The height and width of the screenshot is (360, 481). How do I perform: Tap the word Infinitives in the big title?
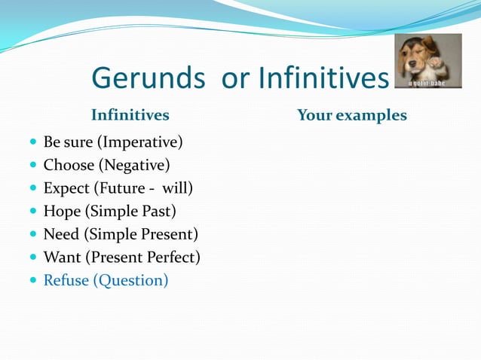coord(323,78)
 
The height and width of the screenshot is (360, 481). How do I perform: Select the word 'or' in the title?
coord(236,78)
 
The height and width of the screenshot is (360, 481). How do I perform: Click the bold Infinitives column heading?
coord(130,115)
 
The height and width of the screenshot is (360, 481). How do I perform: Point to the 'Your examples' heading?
coord(351,115)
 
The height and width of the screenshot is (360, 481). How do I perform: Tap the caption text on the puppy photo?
coord(427,83)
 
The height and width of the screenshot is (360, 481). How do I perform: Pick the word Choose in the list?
coord(69,165)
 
